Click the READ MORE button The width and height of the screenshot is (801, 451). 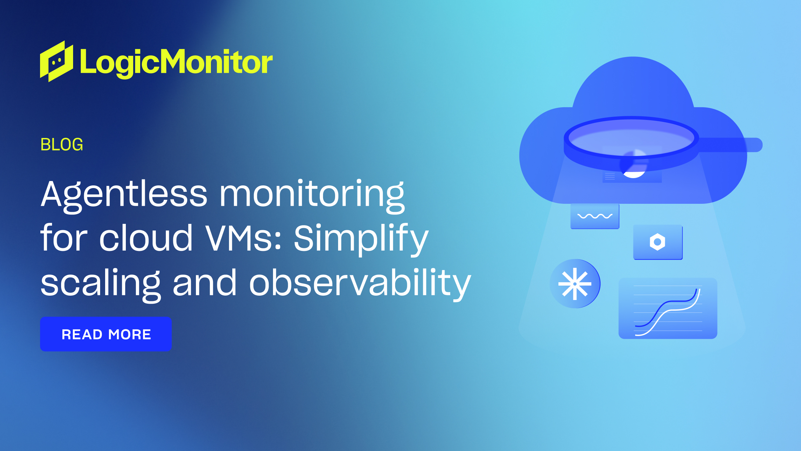106,334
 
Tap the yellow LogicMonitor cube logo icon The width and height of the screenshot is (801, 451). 56,61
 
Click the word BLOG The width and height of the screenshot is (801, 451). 62,145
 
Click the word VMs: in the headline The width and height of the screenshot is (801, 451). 243,239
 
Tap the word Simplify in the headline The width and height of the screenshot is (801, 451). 361,239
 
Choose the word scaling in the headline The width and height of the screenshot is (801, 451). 100,283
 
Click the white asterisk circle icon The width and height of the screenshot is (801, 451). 575,284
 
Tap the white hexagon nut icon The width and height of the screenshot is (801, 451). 657,242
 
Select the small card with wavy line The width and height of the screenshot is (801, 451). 595,216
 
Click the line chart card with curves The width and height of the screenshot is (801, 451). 668,308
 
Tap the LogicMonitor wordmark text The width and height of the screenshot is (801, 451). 176,62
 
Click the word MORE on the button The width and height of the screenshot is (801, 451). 130,334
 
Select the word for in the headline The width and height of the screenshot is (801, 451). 64,239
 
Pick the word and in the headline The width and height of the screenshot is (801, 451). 205,283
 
